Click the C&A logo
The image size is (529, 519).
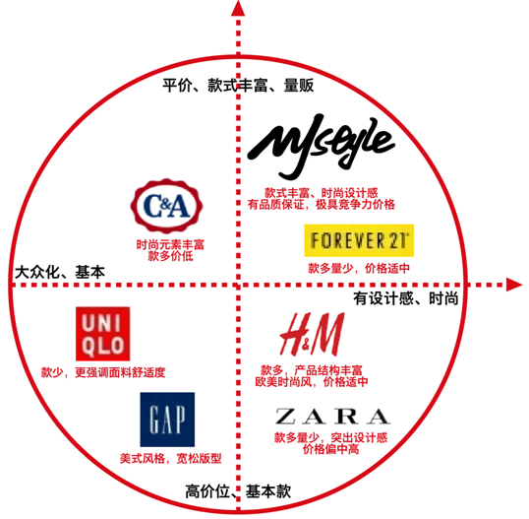166,206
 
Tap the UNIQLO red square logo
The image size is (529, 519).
103,334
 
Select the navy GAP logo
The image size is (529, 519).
167,420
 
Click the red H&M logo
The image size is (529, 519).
312,334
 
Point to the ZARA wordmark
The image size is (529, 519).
332,417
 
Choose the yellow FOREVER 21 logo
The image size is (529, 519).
359,240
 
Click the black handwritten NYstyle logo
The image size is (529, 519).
321,147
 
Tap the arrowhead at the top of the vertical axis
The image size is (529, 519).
238,9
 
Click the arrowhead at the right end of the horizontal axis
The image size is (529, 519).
514,285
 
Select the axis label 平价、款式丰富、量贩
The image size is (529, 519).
238,85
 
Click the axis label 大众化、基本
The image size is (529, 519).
60,272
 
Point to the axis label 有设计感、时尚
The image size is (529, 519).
406,298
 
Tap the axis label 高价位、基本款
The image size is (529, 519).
238,491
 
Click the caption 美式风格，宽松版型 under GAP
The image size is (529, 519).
171,459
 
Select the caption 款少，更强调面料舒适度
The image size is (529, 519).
103,372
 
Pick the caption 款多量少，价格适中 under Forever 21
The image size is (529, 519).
359,268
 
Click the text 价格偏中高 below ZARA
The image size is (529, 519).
331,449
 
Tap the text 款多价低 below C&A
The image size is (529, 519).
170,256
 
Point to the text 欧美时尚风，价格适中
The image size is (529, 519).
312,382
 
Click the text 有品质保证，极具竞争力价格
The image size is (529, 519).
321,205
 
